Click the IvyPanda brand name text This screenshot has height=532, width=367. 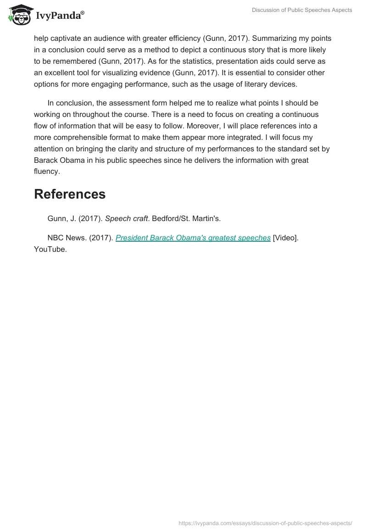(x=60, y=15)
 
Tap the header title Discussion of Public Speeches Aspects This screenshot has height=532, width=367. (x=302, y=10)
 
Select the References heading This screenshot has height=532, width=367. (x=70, y=194)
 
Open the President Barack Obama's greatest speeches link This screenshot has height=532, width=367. (x=193, y=238)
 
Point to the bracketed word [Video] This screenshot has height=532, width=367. (x=285, y=238)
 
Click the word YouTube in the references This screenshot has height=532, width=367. (x=50, y=249)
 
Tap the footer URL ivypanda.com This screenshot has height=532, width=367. (x=265, y=523)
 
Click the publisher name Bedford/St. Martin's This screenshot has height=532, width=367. (x=186, y=219)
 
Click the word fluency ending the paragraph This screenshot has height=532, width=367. (x=47, y=172)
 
